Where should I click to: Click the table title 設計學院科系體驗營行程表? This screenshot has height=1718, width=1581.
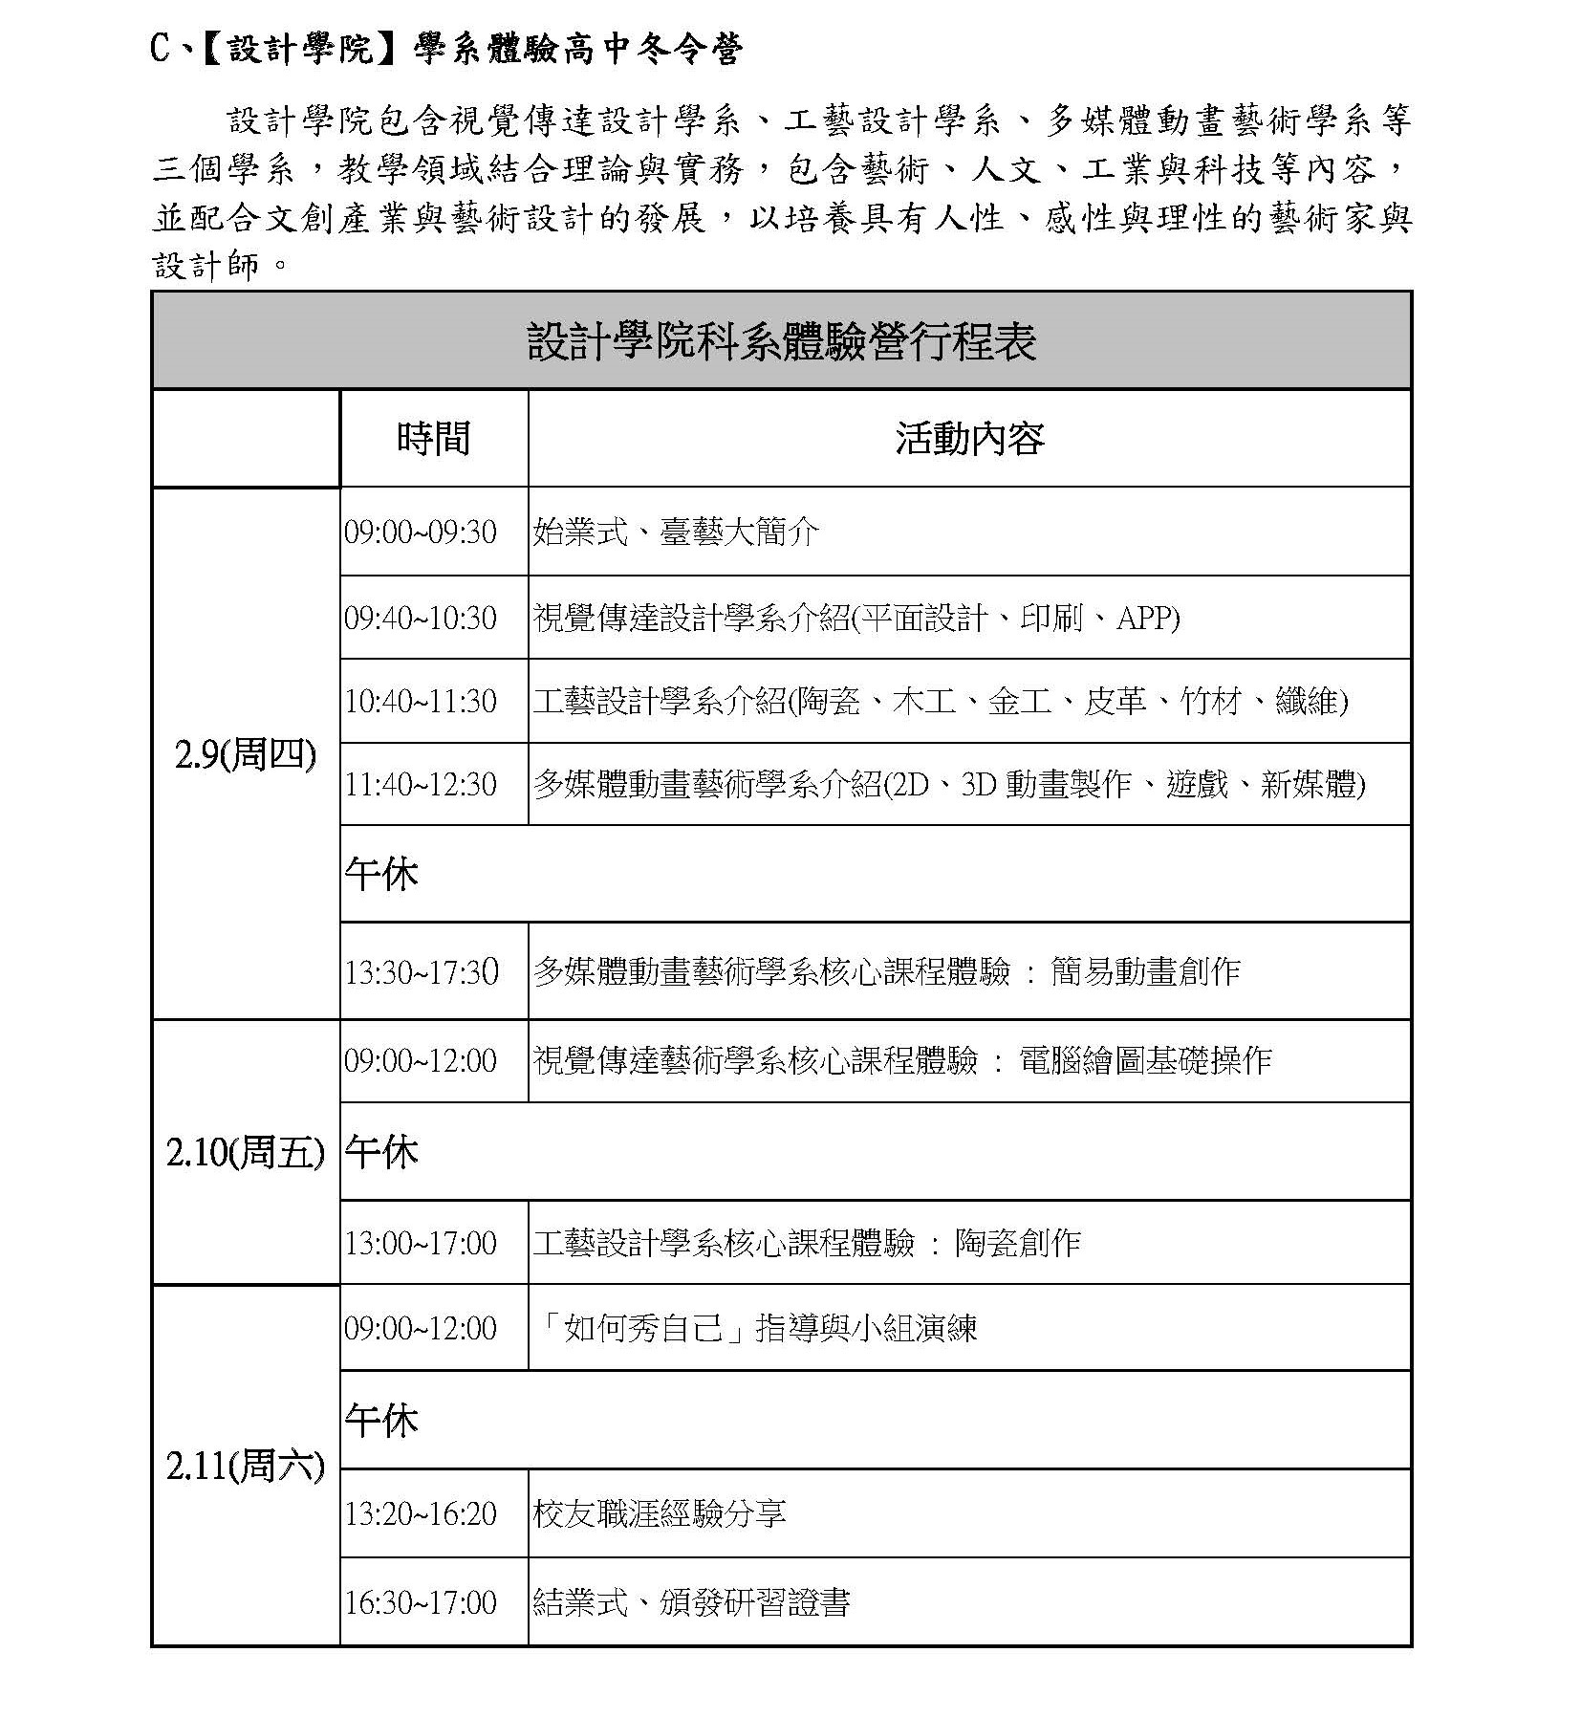(x=781, y=341)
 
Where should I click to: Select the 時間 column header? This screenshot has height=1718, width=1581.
(x=433, y=438)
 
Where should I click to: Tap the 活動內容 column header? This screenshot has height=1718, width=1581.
(x=969, y=438)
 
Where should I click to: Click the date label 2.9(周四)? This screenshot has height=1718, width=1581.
(x=245, y=755)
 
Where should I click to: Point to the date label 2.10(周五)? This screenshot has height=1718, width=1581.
(x=245, y=1152)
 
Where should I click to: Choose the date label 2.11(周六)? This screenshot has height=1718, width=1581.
(x=245, y=1466)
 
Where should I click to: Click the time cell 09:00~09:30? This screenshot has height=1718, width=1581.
(x=421, y=532)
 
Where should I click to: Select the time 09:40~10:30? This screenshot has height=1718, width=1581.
(x=421, y=618)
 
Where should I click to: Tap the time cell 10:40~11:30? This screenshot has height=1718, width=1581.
(x=421, y=701)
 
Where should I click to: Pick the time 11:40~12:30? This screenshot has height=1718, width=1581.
(x=421, y=784)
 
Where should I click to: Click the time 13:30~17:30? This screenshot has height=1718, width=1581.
(x=422, y=971)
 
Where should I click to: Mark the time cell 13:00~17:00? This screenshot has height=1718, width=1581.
(x=421, y=1243)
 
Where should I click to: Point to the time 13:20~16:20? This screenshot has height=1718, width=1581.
(x=421, y=1513)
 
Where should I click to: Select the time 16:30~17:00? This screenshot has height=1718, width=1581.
(x=421, y=1602)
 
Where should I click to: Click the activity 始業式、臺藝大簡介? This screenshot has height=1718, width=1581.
(x=676, y=532)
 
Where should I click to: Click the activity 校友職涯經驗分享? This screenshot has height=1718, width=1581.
(x=660, y=1513)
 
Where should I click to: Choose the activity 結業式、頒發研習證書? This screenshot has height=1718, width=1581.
(x=691, y=1602)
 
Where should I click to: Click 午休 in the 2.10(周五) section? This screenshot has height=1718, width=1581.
(x=381, y=1152)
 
